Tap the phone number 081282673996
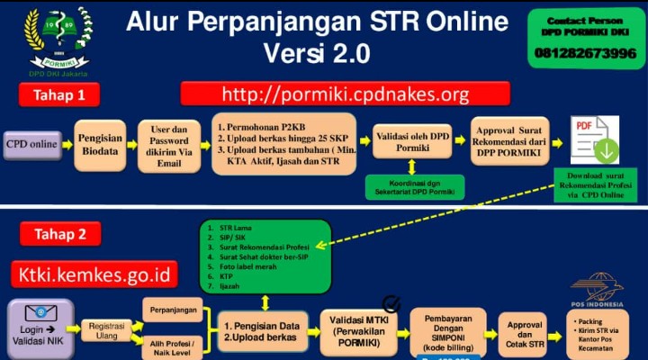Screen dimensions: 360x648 (x=585, y=53)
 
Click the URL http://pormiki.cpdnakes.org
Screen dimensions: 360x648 (x=345, y=94)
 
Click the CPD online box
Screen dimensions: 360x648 (x=31, y=143)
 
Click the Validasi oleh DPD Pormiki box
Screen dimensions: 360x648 (x=411, y=143)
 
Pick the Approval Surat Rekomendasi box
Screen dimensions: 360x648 (x=508, y=144)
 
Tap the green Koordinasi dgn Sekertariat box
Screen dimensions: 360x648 (x=411, y=187)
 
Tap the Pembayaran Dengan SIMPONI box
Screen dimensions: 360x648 (x=447, y=331)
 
